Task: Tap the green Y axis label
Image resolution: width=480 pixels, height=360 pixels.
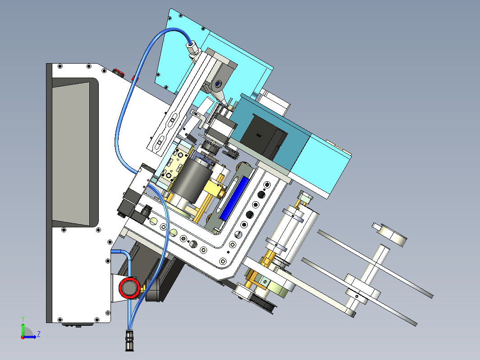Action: pyautogui.click(x=23, y=319)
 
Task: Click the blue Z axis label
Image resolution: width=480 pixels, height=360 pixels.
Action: pyautogui.click(x=39, y=333)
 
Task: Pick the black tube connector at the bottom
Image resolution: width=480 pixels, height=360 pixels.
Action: pyautogui.click(x=129, y=340)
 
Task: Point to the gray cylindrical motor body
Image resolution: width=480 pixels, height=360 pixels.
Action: pyautogui.click(x=192, y=180)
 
